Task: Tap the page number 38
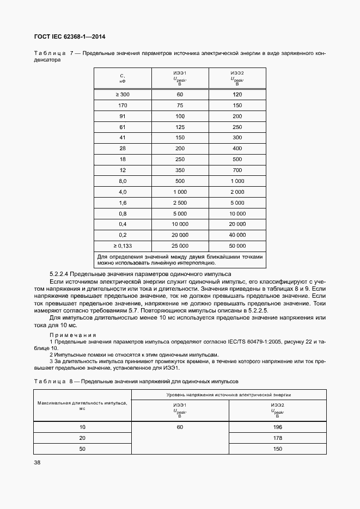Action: click(37, 462)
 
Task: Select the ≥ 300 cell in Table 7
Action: click(123, 95)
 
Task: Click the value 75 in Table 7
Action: click(180, 105)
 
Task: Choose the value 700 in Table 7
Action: click(237, 170)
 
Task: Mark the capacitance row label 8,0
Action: click(123, 181)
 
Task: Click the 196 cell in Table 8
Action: click(277, 427)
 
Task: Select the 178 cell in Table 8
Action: click(277, 438)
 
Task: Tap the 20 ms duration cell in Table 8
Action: click(82, 438)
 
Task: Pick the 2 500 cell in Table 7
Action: click(180, 202)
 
